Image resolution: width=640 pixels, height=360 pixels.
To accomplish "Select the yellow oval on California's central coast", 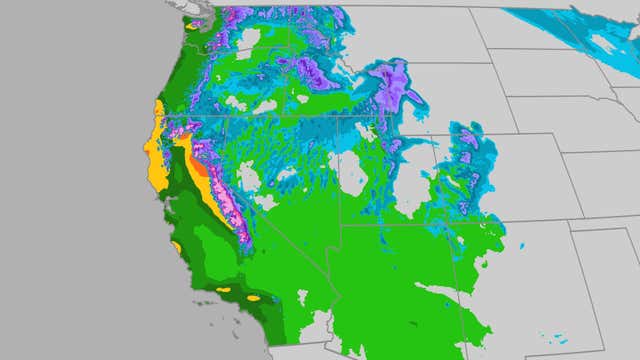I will (177, 246).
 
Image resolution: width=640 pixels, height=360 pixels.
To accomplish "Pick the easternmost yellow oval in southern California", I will (254, 297).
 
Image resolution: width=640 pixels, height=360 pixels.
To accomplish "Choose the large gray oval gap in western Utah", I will (352, 172).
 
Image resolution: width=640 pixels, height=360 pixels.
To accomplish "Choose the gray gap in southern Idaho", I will (265, 105).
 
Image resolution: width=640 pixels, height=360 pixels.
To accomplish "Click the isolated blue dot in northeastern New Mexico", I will (524, 245).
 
